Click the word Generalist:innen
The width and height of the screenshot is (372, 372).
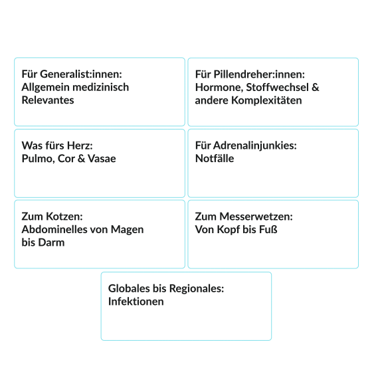pyautogui.click(x=81, y=74)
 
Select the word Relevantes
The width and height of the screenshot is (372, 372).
pyautogui.click(x=48, y=100)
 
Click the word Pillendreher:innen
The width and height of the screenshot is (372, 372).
pyautogui.click(x=259, y=74)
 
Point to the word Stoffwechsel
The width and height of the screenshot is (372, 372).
pyautogui.click(x=278, y=87)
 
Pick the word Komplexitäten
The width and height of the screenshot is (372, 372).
pyautogui.click(x=266, y=100)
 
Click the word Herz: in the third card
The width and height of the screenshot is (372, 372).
pyautogui.click(x=80, y=145)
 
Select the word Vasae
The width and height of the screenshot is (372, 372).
pyautogui.click(x=102, y=159)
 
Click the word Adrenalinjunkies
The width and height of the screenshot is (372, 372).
pyautogui.click(x=255, y=145)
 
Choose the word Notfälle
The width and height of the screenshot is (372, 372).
pyautogui.click(x=215, y=159)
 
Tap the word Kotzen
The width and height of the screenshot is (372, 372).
pyautogui.click(x=64, y=217)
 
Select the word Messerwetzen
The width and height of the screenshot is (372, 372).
pyautogui.click(x=256, y=217)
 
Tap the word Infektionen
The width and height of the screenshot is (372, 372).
pyautogui.click(x=136, y=302)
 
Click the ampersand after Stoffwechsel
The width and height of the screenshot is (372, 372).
pyautogui.click(x=316, y=87)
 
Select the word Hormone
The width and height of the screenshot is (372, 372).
pyautogui.click(x=219, y=87)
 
